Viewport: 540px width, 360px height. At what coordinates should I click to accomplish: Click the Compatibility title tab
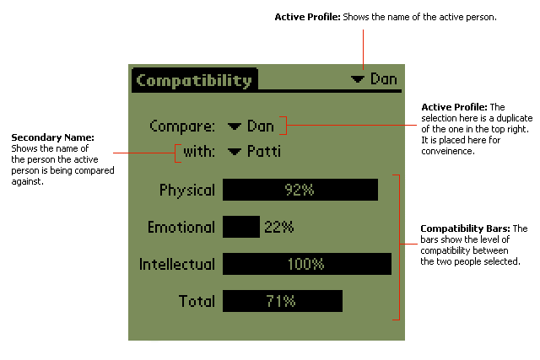(x=194, y=81)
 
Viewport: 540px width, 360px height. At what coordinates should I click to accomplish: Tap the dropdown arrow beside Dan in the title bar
(x=359, y=79)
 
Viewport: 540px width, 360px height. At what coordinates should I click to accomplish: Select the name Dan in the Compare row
(x=261, y=126)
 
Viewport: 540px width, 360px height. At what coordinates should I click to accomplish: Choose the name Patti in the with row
(x=264, y=153)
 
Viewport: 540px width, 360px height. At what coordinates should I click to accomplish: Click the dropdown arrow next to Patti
(x=235, y=153)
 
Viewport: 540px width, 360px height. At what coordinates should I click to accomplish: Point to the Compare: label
(x=182, y=126)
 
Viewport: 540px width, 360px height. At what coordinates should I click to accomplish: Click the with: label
(x=199, y=153)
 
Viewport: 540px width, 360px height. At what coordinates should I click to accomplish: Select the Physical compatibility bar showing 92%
(x=300, y=191)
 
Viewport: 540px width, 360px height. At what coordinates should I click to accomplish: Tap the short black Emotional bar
(x=240, y=227)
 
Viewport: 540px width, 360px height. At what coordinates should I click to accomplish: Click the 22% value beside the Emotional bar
(x=278, y=227)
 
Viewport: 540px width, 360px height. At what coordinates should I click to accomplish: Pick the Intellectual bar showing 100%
(x=306, y=264)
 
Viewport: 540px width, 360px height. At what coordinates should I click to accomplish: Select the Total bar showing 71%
(x=282, y=301)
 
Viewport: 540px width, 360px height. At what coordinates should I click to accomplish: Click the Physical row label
(x=186, y=191)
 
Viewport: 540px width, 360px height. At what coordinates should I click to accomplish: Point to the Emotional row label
(x=181, y=227)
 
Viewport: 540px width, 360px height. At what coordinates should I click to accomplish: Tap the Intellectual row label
(x=177, y=264)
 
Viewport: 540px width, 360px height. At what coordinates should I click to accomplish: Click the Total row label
(x=197, y=301)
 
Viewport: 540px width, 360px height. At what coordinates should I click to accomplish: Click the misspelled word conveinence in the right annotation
(x=449, y=153)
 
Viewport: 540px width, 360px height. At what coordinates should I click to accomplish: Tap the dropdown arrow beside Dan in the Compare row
(x=235, y=127)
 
